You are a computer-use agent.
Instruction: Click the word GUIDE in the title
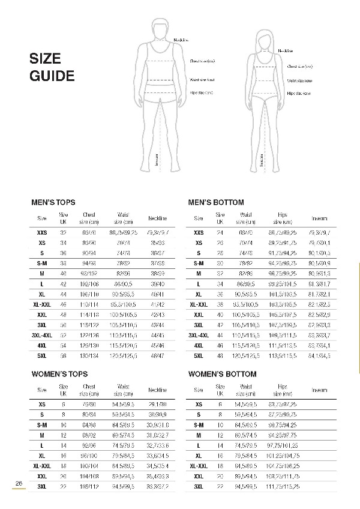click(52, 76)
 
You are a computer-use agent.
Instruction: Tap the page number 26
click(19, 484)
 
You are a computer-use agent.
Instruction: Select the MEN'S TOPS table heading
click(53, 203)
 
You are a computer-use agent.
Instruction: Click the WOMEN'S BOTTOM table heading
click(222, 374)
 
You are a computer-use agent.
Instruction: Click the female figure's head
click(262, 38)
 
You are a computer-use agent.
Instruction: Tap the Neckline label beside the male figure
click(181, 40)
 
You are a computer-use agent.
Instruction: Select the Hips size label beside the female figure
click(298, 93)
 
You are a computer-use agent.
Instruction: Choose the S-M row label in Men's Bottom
click(199, 264)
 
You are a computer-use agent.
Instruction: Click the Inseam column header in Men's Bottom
click(320, 218)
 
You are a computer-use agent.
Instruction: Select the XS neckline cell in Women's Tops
click(157, 404)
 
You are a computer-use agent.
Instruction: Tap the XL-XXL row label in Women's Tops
click(42, 465)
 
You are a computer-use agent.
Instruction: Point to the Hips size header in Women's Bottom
click(283, 390)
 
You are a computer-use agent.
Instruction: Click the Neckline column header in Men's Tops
click(157, 218)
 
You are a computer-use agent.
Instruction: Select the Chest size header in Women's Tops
click(89, 390)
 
